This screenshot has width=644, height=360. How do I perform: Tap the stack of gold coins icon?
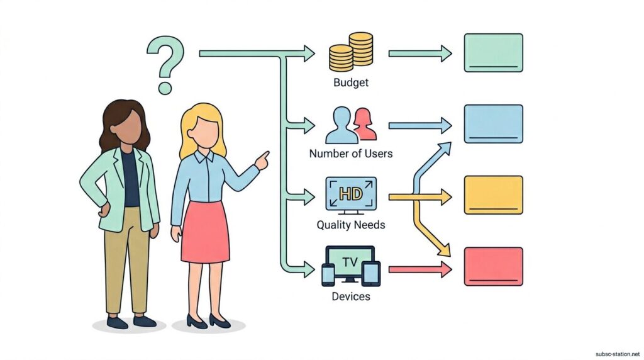(x=351, y=52)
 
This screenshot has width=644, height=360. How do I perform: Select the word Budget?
(x=351, y=82)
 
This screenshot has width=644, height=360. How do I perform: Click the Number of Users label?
(x=351, y=154)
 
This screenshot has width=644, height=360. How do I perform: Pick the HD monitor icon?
(x=351, y=194)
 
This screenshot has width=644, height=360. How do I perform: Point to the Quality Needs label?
(x=351, y=225)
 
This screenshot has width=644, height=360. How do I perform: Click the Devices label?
(x=351, y=296)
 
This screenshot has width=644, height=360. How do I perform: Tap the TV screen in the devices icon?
(x=351, y=262)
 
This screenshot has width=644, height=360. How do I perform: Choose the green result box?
(x=493, y=53)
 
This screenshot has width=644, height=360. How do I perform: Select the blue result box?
(x=493, y=124)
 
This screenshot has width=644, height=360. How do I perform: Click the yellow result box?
(x=493, y=195)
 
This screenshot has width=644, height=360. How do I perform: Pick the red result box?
(x=493, y=266)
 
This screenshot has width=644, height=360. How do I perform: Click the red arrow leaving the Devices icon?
(x=419, y=269)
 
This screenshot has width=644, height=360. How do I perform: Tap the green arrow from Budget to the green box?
(x=419, y=53)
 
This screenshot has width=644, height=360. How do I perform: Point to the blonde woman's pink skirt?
(x=204, y=232)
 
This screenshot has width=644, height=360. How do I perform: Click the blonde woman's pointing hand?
(x=262, y=160)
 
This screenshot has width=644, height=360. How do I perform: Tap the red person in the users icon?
(x=364, y=124)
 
